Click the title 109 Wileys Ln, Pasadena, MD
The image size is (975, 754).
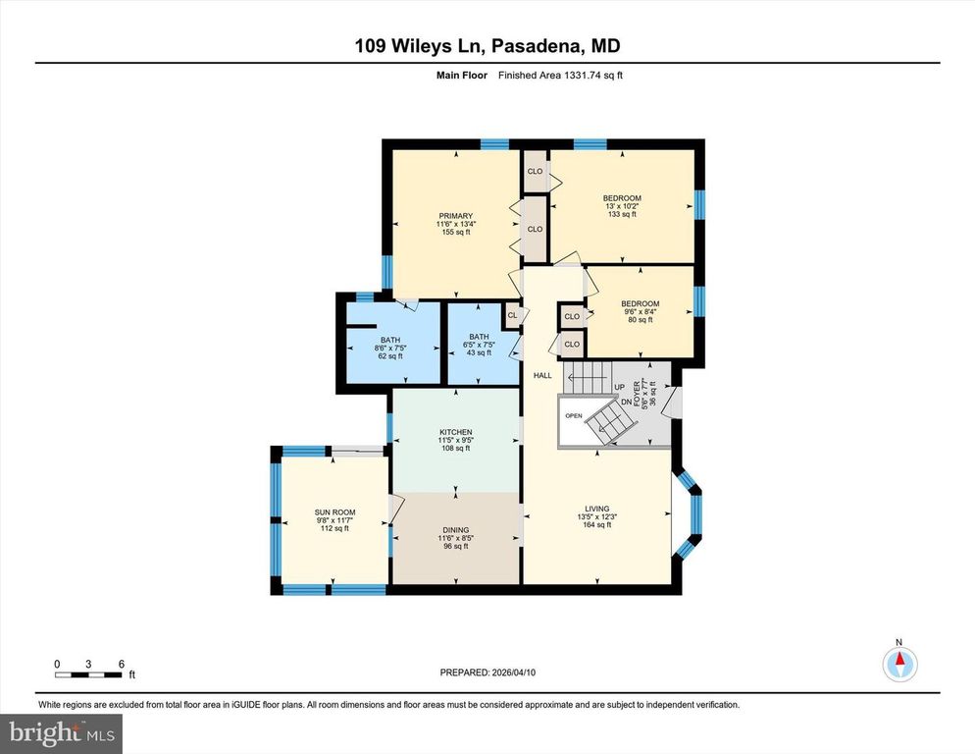coord(487,46)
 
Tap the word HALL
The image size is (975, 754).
coord(542,375)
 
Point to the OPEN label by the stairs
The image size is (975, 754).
coord(574,415)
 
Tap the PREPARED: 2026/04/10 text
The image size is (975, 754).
coord(487,673)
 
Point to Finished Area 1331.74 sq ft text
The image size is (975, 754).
coord(559,75)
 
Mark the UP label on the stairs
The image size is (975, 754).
coord(619,388)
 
